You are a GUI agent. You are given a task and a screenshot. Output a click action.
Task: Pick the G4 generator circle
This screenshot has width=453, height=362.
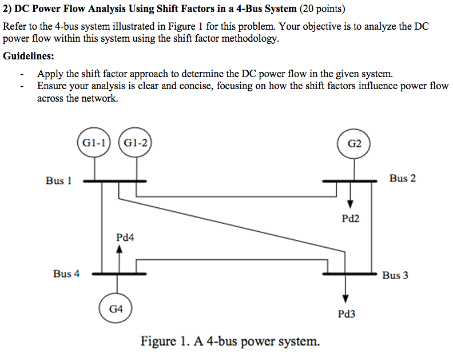(x=116, y=309)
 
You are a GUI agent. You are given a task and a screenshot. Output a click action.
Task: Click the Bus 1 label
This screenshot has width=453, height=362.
(x=59, y=180)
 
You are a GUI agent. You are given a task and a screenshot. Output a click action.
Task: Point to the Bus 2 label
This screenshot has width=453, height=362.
(x=403, y=178)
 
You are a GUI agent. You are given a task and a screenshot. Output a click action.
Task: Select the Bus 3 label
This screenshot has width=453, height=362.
(x=395, y=275)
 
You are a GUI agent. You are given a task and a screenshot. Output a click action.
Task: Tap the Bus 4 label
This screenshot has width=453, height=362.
(x=66, y=273)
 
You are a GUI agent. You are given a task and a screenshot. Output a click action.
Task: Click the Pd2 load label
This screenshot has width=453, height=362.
(x=351, y=218)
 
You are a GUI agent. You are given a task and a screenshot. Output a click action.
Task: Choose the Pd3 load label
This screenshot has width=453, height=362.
(x=347, y=314)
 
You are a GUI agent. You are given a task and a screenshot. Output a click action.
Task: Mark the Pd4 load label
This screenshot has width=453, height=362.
(x=125, y=237)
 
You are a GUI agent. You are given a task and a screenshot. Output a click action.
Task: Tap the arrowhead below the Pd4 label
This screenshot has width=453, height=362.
(x=119, y=249)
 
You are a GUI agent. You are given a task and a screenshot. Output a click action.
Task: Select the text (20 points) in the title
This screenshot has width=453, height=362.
(x=323, y=9)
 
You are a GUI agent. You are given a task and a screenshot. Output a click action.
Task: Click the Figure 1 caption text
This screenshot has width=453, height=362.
(x=230, y=341)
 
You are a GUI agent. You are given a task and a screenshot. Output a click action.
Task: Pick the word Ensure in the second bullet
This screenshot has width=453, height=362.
(x=52, y=86)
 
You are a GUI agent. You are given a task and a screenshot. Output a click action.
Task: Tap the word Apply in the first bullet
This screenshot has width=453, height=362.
(x=50, y=74)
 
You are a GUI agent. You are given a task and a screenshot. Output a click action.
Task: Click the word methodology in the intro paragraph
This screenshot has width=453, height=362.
(x=249, y=39)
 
